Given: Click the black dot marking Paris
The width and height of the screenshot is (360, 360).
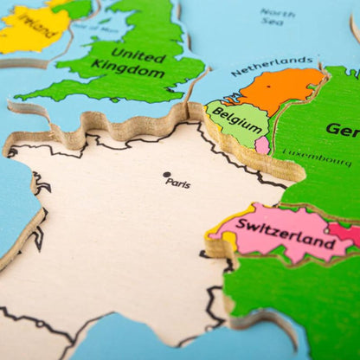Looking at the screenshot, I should (167, 175).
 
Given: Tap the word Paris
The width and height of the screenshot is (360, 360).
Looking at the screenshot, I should (179, 183).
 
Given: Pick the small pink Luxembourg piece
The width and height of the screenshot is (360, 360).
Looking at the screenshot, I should (262, 145).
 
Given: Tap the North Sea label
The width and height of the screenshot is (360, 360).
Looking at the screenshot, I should (277, 18).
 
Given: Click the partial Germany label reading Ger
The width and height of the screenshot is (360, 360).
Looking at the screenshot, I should (343, 130).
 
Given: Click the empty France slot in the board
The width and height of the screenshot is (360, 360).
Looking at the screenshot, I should (121, 234).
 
